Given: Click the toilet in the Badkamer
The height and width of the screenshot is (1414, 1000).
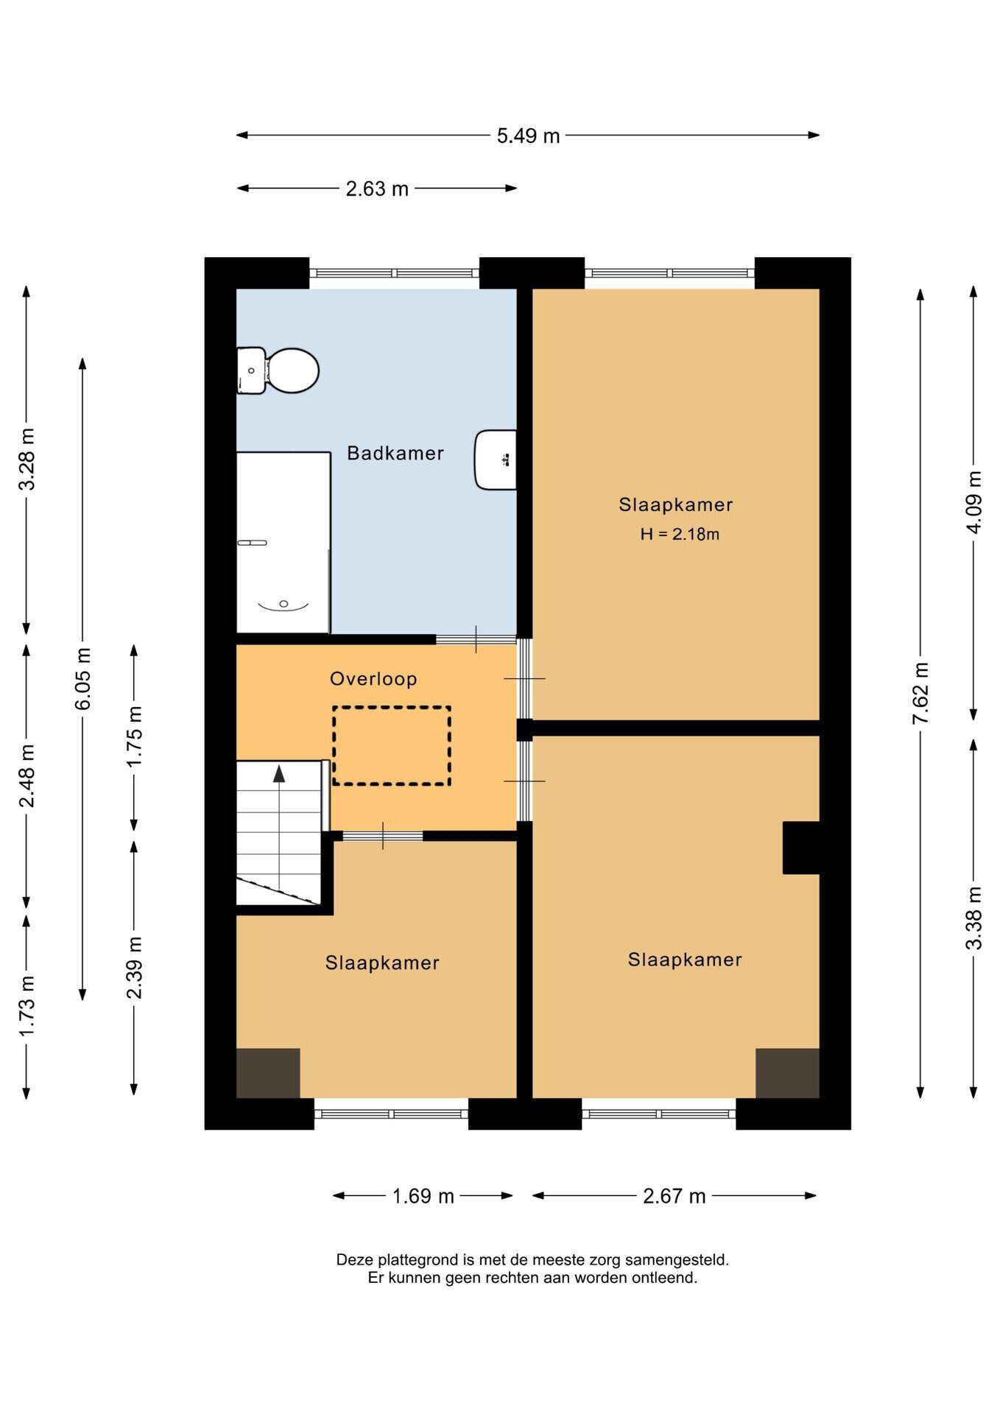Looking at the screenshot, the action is click(278, 370).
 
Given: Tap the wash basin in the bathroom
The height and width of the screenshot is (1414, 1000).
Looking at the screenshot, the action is click(496, 460).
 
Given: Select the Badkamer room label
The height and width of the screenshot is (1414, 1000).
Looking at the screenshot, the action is click(395, 453).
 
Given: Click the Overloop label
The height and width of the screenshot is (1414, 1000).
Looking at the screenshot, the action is click(373, 679).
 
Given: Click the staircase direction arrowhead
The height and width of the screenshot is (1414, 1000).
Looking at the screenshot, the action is click(279, 773).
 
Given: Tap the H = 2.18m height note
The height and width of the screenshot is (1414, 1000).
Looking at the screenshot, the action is click(680, 535).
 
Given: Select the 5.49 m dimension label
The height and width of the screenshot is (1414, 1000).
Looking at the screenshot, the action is click(528, 136).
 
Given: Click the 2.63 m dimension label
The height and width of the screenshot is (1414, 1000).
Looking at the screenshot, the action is click(377, 189).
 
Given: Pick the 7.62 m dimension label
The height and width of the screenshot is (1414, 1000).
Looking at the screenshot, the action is click(920, 692).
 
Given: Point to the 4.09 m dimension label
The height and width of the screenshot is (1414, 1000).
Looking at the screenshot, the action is click(973, 502).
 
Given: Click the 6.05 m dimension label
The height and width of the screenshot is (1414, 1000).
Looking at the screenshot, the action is click(83, 679).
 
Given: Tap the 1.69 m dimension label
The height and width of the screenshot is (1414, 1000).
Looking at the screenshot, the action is click(423, 1196).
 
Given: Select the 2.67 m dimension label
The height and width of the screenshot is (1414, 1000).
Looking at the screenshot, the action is click(674, 1196).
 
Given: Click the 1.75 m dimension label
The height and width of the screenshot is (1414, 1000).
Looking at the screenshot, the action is click(134, 736).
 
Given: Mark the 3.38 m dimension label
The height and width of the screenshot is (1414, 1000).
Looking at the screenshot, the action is click(973, 918).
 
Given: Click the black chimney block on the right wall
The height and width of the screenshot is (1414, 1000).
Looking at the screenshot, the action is click(801, 848).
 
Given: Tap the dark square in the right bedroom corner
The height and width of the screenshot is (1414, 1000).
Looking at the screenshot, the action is click(787, 1073).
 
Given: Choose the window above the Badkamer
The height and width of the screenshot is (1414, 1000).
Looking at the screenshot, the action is click(394, 273).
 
